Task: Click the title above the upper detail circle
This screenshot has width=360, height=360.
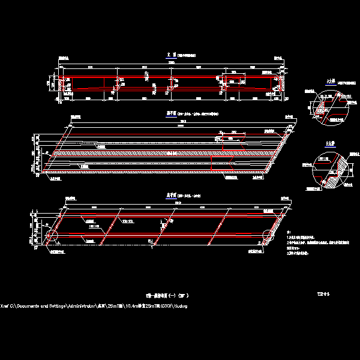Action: coord(329,81)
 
